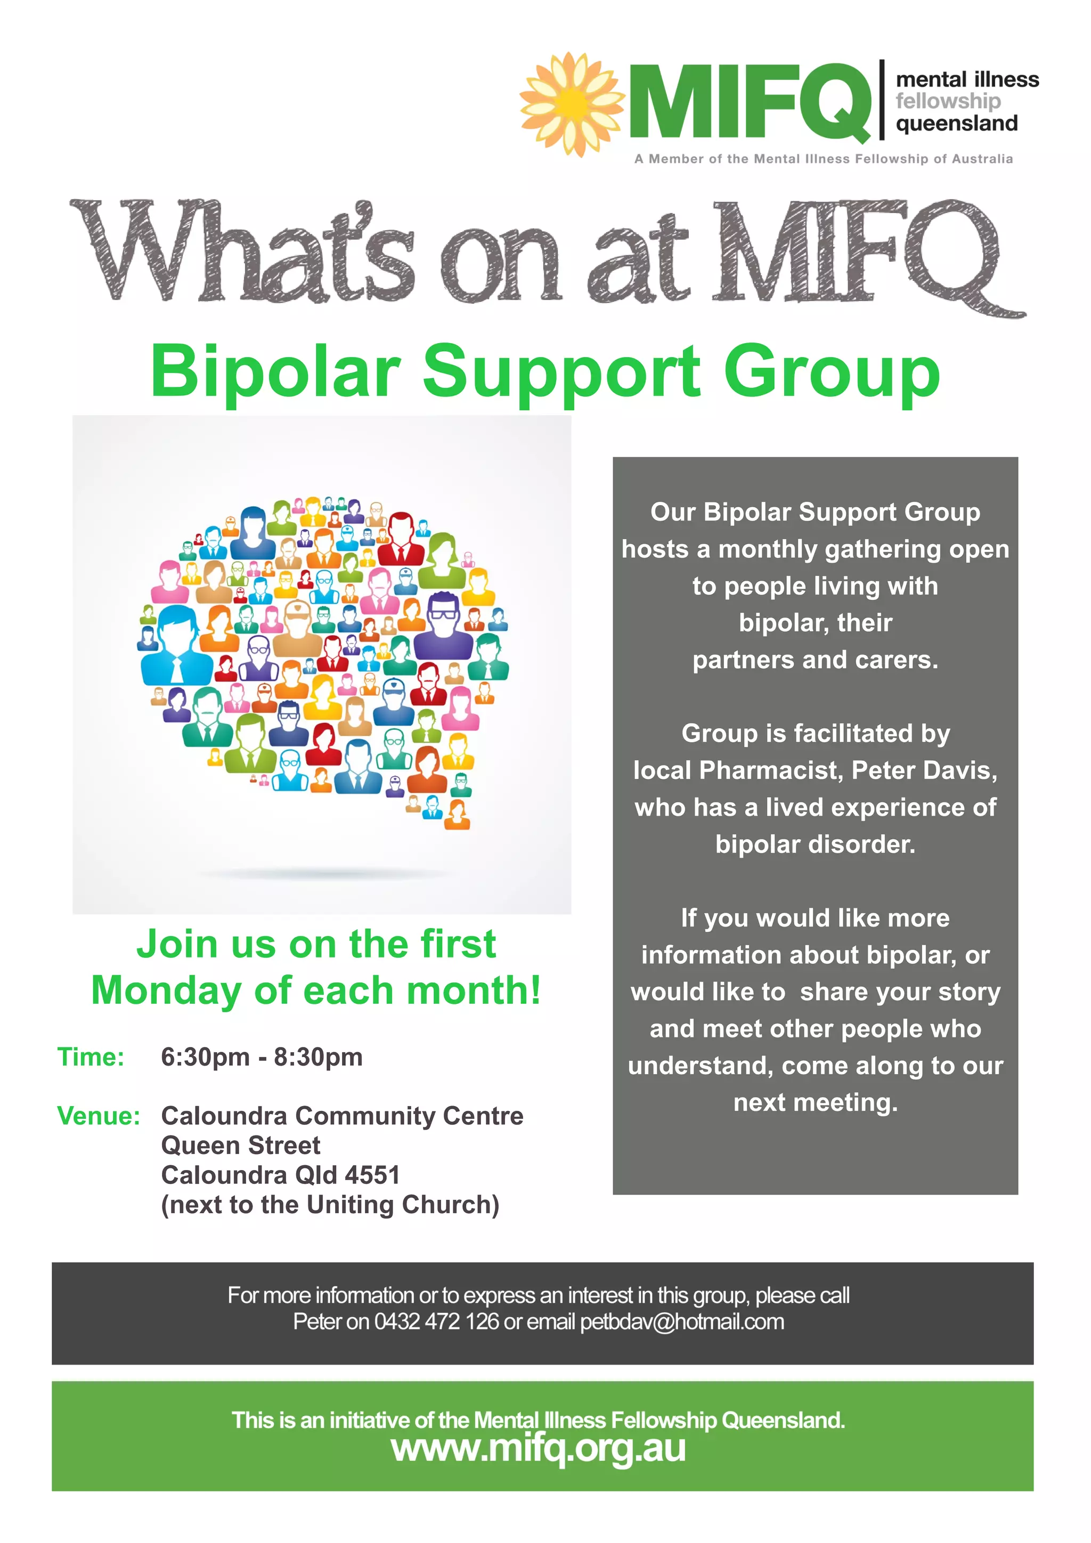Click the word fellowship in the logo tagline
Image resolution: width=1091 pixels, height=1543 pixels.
coord(947,101)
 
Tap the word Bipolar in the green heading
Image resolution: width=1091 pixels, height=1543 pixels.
coord(275,372)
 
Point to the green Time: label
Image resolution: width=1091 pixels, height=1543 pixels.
coord(91,1057)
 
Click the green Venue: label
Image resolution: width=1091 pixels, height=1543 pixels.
coord(99,1116)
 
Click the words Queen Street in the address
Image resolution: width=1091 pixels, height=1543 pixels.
coord(240,1146)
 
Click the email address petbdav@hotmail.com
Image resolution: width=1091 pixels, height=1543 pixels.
coord(682,1322)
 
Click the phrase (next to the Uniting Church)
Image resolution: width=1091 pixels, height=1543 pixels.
coord(330,1205)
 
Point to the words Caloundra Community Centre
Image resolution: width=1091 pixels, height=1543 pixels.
coord(342,1116)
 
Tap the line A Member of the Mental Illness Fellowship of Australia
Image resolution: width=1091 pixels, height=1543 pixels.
coord(823,159)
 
